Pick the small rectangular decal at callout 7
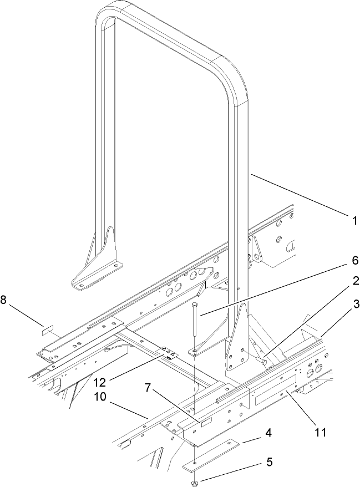pos(205,423)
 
